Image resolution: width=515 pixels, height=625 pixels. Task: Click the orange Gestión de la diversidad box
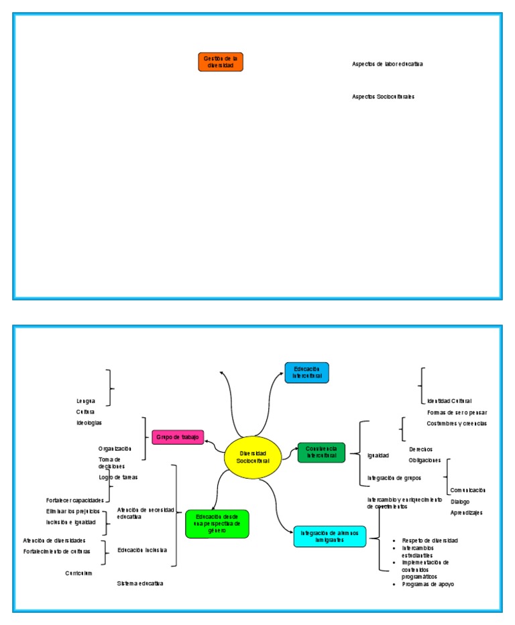(x=221, y=62)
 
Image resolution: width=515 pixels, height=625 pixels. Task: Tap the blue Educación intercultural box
(x=306, y=372)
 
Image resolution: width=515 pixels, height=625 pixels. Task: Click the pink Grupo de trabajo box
(x=178, y=437)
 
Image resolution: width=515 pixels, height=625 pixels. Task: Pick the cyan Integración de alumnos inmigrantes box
(x=330, y=536)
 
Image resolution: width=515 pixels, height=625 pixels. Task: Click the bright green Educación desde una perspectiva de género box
(x=217, y=524)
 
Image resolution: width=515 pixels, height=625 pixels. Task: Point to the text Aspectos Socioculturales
(x=383, y=97)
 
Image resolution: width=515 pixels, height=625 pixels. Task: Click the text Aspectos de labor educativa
(x=387, y=64)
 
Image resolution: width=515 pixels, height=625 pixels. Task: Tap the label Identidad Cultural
(x=449, y=401)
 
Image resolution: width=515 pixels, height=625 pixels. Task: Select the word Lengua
(x=86, y=401)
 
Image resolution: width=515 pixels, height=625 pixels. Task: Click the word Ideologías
(x=89, y=423)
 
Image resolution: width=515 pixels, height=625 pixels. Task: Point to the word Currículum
(x=78, y=573)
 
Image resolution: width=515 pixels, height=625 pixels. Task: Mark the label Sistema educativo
(x=140, y=583)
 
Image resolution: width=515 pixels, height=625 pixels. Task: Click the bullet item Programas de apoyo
(x=428, y=584)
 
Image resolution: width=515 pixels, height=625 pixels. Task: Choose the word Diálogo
(x=460, y=502)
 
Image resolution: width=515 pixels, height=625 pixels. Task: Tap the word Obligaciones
(x=424, y=460)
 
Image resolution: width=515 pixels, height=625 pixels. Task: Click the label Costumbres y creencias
(x=457, y=423)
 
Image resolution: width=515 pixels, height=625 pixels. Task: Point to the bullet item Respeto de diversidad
(x=430, y=540)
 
